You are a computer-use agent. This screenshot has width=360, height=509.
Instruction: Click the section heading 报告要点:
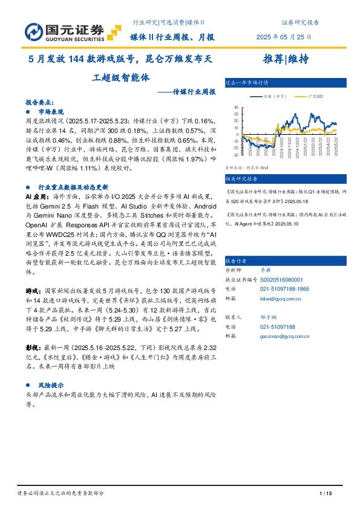(40, 103)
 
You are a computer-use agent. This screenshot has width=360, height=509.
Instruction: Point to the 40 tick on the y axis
(236, 106)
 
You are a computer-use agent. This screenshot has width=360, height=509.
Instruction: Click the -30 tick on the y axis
(235, 154)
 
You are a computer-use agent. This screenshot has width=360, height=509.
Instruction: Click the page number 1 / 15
(326, 494)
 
